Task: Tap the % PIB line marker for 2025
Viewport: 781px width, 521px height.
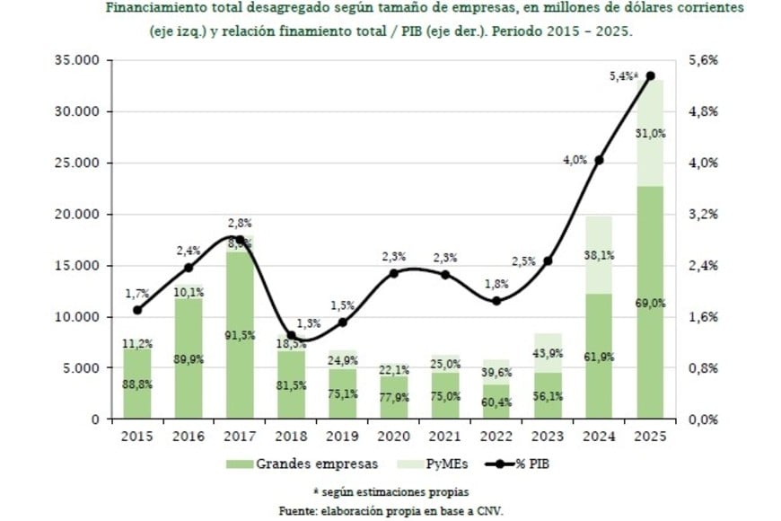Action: tap(651, 76)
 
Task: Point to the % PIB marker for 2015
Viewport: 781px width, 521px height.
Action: tap(137, 310)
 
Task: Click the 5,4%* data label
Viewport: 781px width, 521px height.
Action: tap(624, 77)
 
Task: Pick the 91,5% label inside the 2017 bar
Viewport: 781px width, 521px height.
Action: tap(241, 335)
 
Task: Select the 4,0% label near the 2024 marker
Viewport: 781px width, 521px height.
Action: tap(575, 160)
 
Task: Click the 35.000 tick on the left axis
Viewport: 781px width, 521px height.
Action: tap(76, 61)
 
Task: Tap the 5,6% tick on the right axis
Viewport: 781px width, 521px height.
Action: tap(705, 61)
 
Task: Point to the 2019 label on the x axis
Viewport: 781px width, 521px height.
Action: tap(343, 436)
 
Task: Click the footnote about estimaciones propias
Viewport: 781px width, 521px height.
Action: tap(390, 491)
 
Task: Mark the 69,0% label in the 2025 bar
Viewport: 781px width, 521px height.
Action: tap(651, 304)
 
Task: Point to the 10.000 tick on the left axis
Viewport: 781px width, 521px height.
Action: tap(76, 317)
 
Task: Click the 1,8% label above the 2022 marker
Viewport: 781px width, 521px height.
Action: tap(496, 284)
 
